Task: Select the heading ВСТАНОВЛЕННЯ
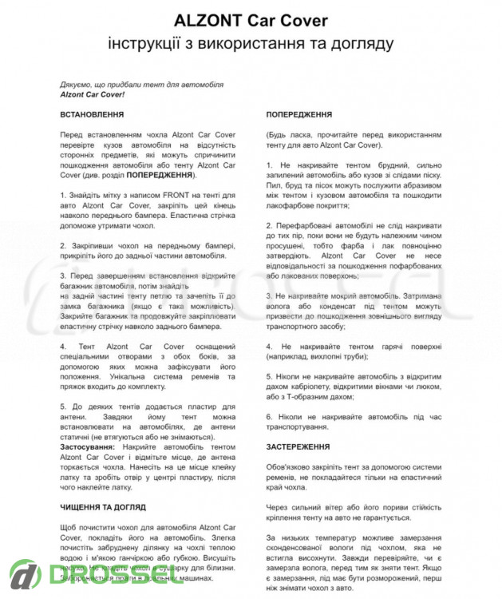click(92, 115)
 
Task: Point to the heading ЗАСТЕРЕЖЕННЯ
click(298, 448)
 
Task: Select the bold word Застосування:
click(88, 447)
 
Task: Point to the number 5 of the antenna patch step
click(62, 407)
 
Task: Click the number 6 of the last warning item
click(269, 417)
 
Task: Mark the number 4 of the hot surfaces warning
click(269, 346)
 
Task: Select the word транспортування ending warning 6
click(306, 427)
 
